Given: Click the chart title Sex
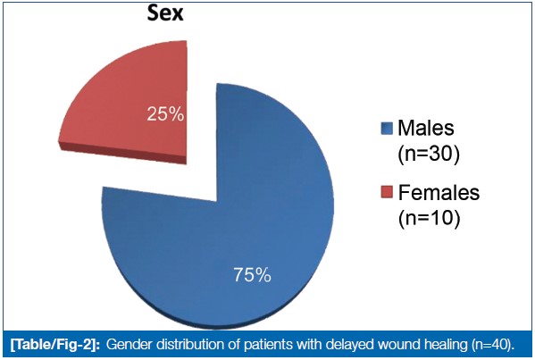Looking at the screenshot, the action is coord(165,13).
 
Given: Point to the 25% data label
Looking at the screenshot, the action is coord(165,114).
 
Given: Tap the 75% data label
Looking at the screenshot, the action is coord(252,275).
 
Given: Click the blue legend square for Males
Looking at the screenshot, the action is coord(387,129).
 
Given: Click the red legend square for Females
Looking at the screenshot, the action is coord(387,192).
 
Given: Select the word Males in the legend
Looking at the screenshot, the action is coord(426,128).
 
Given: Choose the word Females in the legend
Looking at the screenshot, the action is coord(439,192).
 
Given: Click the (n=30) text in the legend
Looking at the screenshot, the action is coord(429,155).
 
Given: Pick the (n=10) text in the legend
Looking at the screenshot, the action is coord(429,218).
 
